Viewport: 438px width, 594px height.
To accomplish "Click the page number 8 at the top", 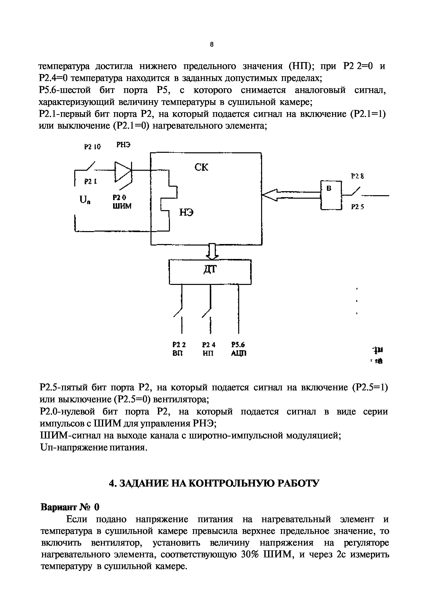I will coord(211,45).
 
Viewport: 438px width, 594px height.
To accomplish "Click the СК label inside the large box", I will coord(201,167).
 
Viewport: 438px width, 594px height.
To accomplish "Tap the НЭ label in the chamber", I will coord(186,212).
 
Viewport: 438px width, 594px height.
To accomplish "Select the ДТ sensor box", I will coord(210,272).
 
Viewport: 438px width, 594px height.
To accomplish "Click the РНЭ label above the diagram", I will coord(123,145).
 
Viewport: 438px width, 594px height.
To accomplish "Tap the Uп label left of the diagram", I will coord(85,200).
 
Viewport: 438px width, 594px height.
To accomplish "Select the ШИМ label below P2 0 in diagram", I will coord(122,206).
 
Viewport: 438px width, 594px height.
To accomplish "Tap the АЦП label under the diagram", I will coord(239,353).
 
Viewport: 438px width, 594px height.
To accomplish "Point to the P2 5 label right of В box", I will coord(357,207).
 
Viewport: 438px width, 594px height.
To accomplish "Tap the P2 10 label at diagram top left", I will coord(92,147).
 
